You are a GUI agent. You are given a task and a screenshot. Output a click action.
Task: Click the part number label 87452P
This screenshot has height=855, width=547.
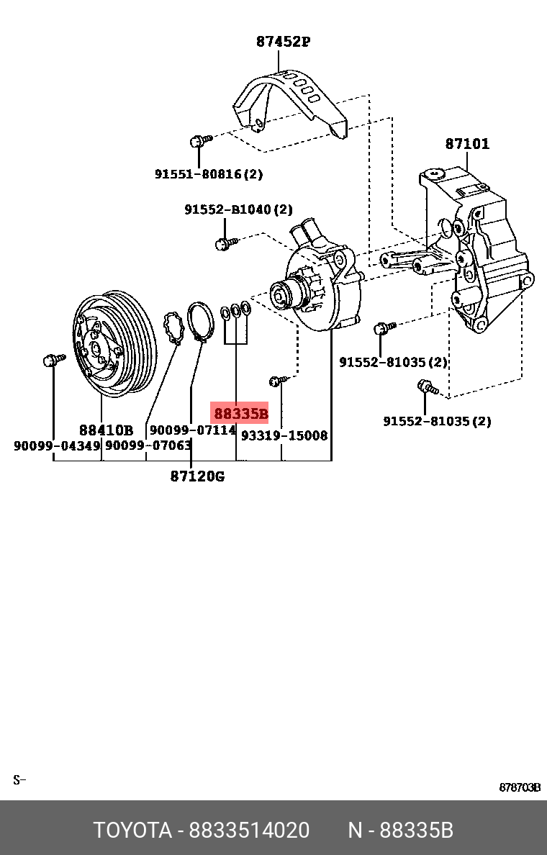[283, 42]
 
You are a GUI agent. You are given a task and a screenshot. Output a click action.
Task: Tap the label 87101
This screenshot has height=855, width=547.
[467, 144]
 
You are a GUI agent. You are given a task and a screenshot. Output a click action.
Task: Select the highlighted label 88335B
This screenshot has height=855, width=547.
[240, 414]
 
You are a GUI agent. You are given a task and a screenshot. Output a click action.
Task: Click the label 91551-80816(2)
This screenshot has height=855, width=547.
[209, 174]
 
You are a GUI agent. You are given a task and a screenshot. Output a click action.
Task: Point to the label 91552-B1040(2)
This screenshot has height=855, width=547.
[238, 209]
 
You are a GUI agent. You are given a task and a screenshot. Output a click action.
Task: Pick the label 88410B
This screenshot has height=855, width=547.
[106, 430]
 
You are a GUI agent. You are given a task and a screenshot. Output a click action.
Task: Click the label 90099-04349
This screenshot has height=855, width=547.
[58, 446]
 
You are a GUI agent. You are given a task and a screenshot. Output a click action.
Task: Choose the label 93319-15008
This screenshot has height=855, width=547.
[284, 435]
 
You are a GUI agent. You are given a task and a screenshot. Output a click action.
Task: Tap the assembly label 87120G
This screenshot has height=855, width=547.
[197, 476]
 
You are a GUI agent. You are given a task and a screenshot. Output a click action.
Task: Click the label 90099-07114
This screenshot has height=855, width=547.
[193, 430]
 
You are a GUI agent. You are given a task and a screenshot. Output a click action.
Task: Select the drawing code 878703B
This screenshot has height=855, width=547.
[520, 787]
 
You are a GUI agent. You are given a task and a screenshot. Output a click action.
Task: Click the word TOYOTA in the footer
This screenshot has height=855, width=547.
[132, 831]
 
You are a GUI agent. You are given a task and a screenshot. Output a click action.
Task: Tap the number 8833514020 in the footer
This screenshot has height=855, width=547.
[249, 831]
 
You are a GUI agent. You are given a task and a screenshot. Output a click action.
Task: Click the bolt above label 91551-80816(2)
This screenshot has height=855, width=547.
[200, 140]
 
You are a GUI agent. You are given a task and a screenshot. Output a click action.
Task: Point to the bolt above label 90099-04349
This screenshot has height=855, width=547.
[53, 360]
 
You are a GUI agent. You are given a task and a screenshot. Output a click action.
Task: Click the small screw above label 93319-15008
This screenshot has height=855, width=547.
[278, 380]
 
